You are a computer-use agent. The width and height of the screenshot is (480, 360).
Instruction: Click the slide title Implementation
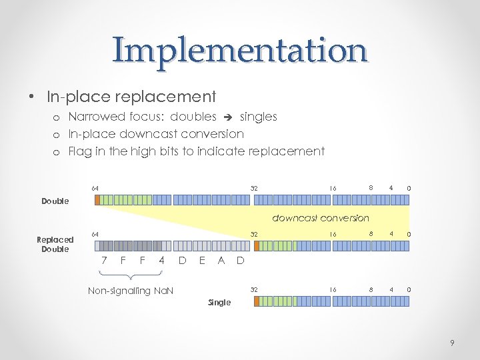pyautogui.click(x=240, y=50)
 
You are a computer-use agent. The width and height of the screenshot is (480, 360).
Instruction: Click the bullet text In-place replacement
pyautogui.click(x=131, y=97)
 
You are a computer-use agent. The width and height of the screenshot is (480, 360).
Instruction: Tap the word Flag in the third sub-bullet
pyautogui.click(x=80, y=151)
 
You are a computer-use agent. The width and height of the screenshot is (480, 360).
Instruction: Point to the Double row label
pyautogui.click(x=55, y=201)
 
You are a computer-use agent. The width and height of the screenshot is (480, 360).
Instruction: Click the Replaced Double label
pyautogui.click(x=55, y=244)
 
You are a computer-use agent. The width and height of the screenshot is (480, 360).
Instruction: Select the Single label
pyautogui.click(x=219, y=302)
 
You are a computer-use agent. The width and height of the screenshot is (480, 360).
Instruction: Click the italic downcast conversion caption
pyautogui.click(x=320, y=218)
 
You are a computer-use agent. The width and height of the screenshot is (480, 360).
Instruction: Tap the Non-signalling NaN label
pyautogui.click(x=131, y=291)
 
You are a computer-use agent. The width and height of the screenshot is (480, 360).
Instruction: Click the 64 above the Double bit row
pyautogui.click(x=95, y=189)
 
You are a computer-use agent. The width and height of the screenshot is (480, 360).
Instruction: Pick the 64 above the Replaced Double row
pyautogui.click(x=95, y=234)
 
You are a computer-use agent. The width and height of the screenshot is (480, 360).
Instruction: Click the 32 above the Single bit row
pyautogui.click(x=253, y=290)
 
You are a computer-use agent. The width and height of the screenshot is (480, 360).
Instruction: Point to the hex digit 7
pyautogui.click(x=103, y=261)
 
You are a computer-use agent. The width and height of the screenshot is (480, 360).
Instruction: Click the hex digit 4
pyautogui.click(x=161, y=261)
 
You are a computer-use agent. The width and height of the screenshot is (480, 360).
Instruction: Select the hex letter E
pyautogui.click(x=201, y=261)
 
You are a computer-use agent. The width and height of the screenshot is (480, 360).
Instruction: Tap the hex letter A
pyautogui.click(x=221, y=261)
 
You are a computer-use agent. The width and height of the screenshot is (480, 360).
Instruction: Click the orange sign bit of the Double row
pyautogui.click(x=97, y=199)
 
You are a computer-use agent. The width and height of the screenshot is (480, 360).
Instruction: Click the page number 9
pyautogui.click(x=453, y=343)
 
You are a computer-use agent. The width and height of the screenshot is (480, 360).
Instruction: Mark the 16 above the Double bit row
pyautogui.click(x=331, y=189)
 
